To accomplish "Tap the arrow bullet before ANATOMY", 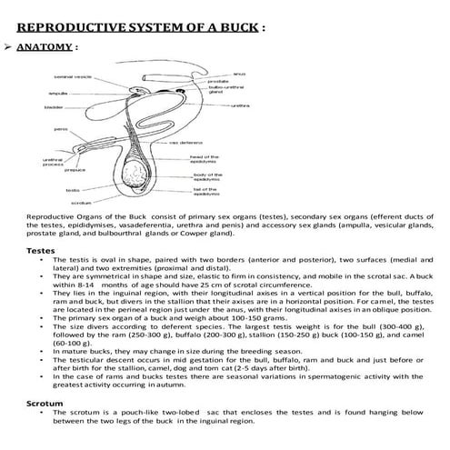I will coord(9,45).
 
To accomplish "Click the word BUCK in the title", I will coord(235,26).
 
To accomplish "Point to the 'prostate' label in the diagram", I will coord(218,81).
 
